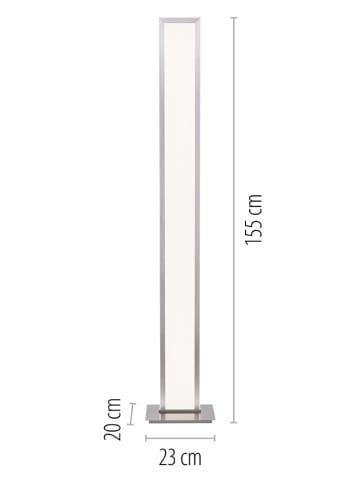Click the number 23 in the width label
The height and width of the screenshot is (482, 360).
(x=167, y=459)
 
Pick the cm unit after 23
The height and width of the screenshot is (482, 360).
(x=191, y=459)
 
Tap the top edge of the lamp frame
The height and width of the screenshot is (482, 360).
(x=180, y=18)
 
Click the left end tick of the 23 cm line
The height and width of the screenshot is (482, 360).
(x=146, y=438)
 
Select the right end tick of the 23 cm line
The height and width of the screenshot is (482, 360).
(x=213, y=438)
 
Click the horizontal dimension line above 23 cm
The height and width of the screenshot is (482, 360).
(x=180, y=438)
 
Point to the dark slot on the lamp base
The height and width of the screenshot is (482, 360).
(x=180, y=410)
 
